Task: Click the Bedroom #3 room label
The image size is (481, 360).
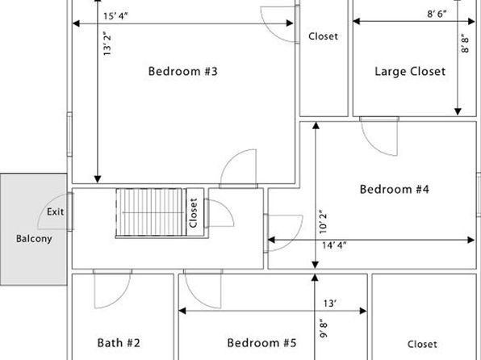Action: click(x=183, y=71)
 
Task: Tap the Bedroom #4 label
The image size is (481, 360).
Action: click(x=395, y=189)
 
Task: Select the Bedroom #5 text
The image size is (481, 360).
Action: click(x=262, y=342)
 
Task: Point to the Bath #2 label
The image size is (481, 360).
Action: click(x=119, y=342)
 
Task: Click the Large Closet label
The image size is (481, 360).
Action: click(x=410, y=71)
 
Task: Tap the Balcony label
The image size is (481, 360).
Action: click(x=34, y=238)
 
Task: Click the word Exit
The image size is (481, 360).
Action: click(x=55, y=211)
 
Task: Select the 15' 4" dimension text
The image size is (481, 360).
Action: click(x=115, y=16)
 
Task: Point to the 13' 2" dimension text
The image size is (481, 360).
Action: click(x=107, y=44)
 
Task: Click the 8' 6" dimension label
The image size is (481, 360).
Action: click(x=437, y=14)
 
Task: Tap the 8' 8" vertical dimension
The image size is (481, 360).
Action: click(x=465, y=44)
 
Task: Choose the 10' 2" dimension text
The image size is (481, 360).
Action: click(x=323, y=222)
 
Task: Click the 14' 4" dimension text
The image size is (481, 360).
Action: click(x=334, y=245)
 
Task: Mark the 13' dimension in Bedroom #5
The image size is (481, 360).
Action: click(x=330, y=303)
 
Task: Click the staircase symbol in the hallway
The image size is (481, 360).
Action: click(x=151, y=212)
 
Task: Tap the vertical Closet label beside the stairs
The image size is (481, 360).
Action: click(x=193, y=212)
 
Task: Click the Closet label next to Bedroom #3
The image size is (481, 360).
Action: click(x=324, y=36)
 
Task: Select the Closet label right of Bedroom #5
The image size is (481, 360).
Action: click(x=422, y=344)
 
